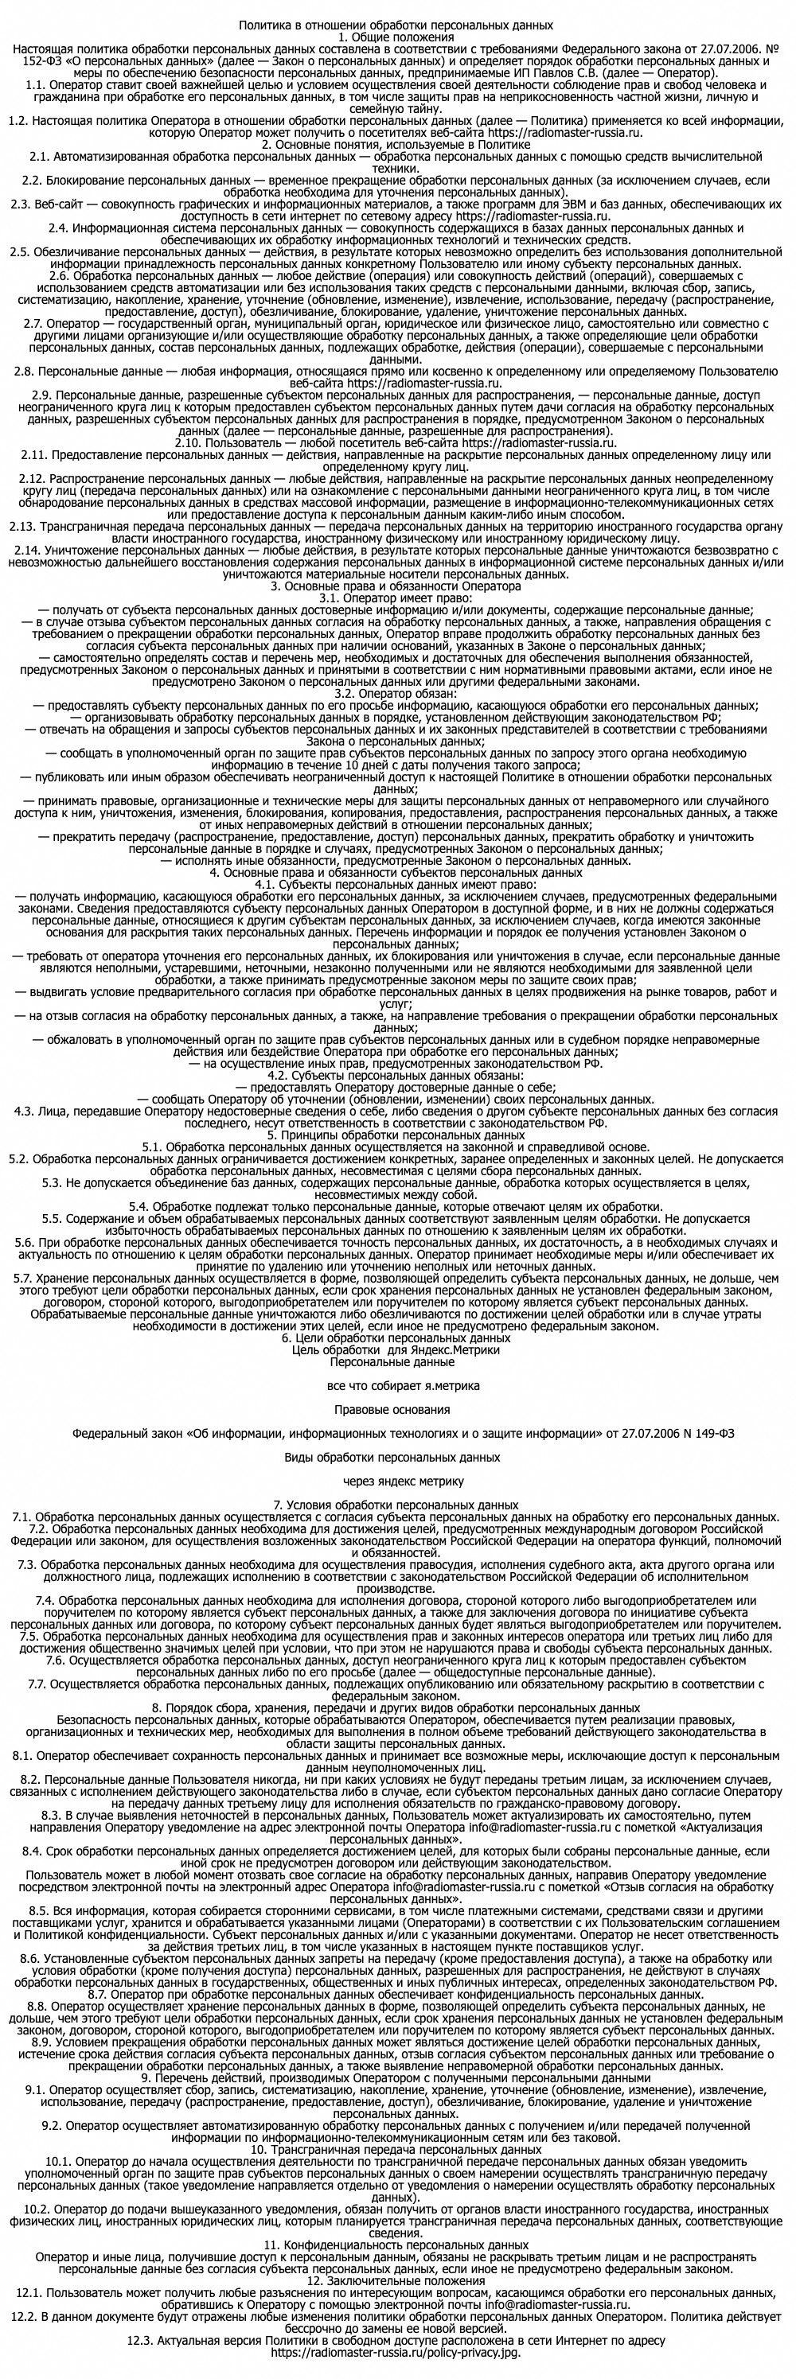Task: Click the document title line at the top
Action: click(x=396, y=25)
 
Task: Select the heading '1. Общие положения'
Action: click(x=396, y=37)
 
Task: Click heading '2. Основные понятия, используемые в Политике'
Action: click(x=396, y=145)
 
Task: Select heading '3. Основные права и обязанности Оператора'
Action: click(x=396, y=586)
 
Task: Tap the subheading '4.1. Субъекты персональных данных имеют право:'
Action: click(x=396, y=884)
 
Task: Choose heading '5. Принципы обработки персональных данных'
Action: click(x=396, y=1135)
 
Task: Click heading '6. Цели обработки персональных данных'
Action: click(x=396, y=1337)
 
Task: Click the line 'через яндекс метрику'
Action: click(x=398, y=1481)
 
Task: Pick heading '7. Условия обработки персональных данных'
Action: click(x=396, y=1505)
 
